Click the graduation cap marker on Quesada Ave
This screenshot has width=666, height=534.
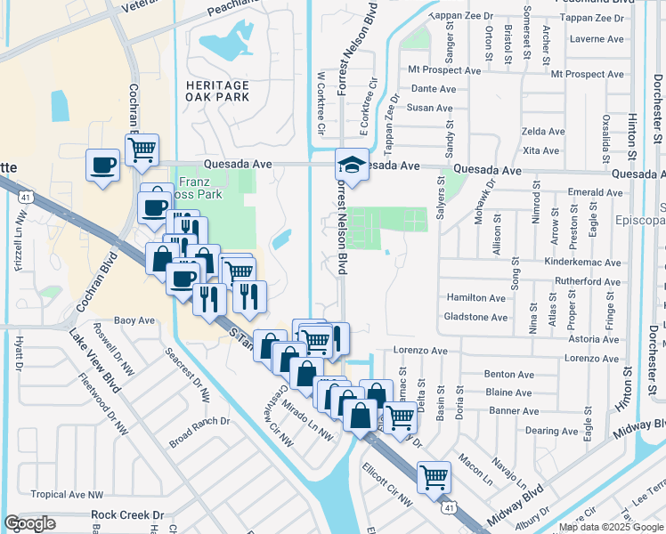352,165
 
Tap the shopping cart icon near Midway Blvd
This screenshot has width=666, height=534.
434,477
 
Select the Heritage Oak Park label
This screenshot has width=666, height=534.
217,90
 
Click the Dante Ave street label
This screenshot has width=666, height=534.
434,89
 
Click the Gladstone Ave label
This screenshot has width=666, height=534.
475,317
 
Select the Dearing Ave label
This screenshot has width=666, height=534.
552,430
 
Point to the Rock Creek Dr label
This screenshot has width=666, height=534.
127,514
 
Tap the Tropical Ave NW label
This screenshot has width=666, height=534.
67,494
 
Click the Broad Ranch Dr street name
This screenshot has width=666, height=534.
199,431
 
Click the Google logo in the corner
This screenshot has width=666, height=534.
30,523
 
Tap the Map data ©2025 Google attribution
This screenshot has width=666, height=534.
611,527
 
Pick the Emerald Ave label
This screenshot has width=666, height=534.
593,191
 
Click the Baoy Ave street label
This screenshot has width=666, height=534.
134,320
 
